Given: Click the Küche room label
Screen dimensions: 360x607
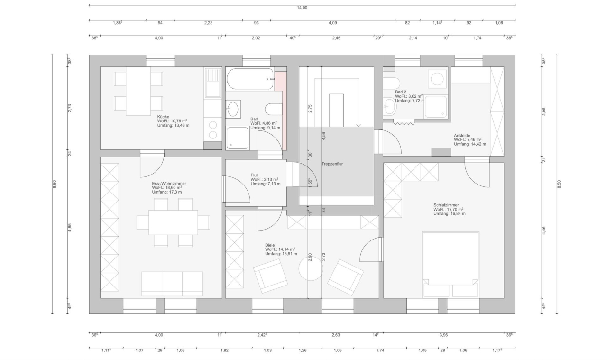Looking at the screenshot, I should coord(163,117).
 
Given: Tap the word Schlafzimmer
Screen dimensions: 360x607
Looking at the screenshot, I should coord(446,205).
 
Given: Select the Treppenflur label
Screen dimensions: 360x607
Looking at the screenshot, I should coord(332,164).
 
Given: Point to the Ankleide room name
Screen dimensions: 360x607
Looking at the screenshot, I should coord(462,135).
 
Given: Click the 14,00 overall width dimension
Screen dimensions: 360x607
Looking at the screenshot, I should coord(302,8).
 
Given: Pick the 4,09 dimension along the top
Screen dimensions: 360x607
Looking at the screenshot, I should coord(332,23).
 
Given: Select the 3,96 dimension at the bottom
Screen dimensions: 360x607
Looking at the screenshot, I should coord(443,335).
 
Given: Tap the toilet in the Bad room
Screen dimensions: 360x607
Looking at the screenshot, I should coord(273,110).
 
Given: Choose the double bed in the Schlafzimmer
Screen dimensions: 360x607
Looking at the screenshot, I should coord(451,264).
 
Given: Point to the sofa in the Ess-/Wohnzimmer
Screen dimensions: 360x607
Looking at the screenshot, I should coord(172,283).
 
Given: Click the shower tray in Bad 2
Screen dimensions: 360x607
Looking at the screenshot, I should coord(435,106).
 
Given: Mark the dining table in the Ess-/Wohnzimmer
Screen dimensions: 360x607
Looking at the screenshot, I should coord(173,222).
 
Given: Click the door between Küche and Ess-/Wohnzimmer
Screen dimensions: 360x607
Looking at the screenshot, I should coord(152,164).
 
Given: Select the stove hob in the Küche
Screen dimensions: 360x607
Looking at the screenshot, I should coord(213,129).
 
